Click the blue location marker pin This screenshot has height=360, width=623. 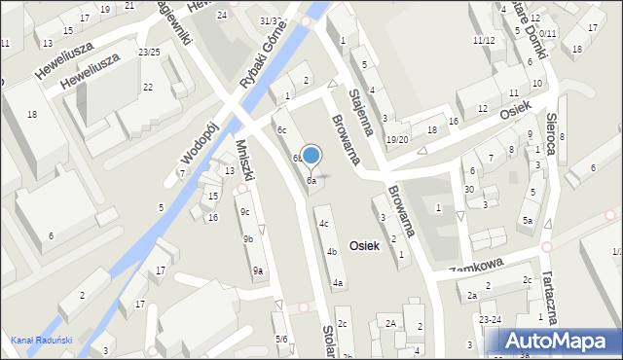311,156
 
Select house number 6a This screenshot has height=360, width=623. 311,180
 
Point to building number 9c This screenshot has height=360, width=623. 244,212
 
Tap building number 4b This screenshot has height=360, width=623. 332,252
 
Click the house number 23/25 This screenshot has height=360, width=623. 149,52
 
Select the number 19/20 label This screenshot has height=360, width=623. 396,139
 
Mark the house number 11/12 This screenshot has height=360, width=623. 484,40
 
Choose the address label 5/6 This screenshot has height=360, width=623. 280,339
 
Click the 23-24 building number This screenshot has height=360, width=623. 490,319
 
